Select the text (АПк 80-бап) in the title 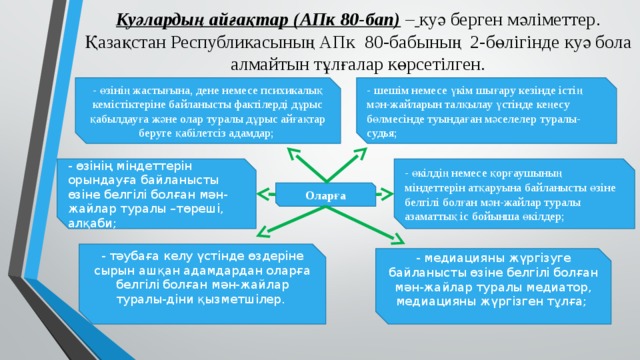click(x=329, y=18)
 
